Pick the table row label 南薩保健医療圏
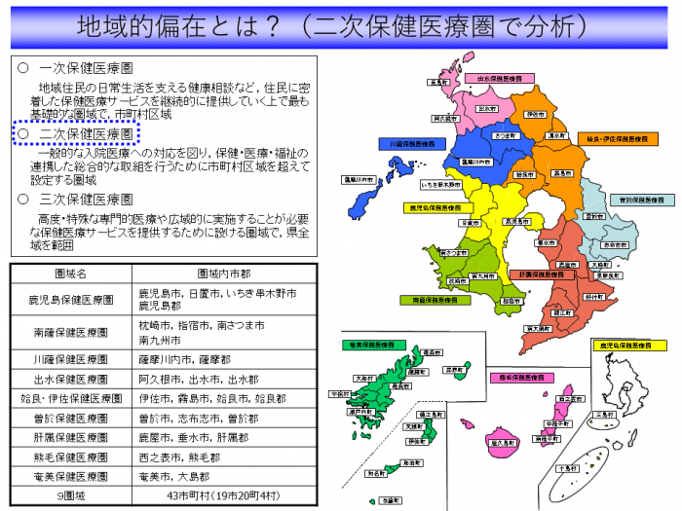tap(70, 331)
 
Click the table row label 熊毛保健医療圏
tap(70, 456)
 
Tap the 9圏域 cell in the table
tap(70, 495)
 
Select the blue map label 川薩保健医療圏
tap(411, 143)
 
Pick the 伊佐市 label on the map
tap(534, 114)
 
